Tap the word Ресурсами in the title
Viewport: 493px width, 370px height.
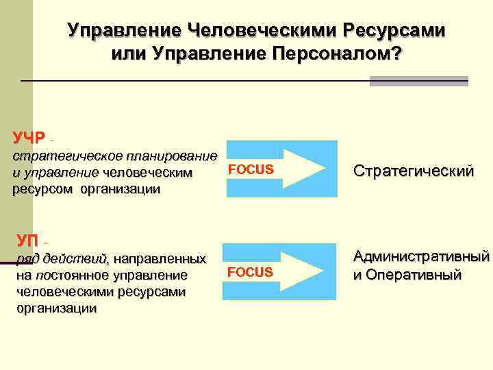393,31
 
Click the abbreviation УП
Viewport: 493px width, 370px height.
28,241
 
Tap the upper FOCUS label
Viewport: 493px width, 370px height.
250,169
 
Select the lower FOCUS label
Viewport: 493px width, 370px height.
250,273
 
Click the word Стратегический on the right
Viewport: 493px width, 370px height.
413,171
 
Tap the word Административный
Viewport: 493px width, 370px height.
421,258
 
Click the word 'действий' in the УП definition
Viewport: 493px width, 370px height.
75,259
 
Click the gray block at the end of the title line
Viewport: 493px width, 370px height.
418,81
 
